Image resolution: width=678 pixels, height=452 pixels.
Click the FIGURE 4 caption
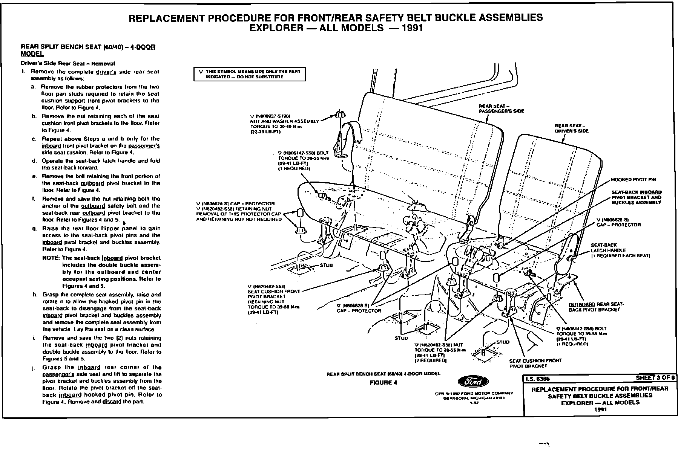pyautogui.click(x=383, y=383)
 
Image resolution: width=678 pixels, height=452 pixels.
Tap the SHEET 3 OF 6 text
pyautogui.click(x=655, y=378)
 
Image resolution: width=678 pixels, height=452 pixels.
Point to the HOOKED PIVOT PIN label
pyautogui.click(x=634, y=180)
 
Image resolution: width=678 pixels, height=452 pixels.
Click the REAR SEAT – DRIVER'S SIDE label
pyautogui.click(x=571, y=128)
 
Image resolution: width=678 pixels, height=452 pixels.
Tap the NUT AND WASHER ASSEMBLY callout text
pyautogui.click(x=284, y=121)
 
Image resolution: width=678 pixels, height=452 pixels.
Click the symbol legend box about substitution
pyautogui.click(x=250, y=74)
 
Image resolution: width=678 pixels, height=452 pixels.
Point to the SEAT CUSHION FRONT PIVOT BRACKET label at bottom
pyautogui.click(x=535, y=363)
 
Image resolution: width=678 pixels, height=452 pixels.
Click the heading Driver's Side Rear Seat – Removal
pyautogui.click(x=68, y=63)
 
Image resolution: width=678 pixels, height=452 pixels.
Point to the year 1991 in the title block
pyautogui.click(x=600, y=409)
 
